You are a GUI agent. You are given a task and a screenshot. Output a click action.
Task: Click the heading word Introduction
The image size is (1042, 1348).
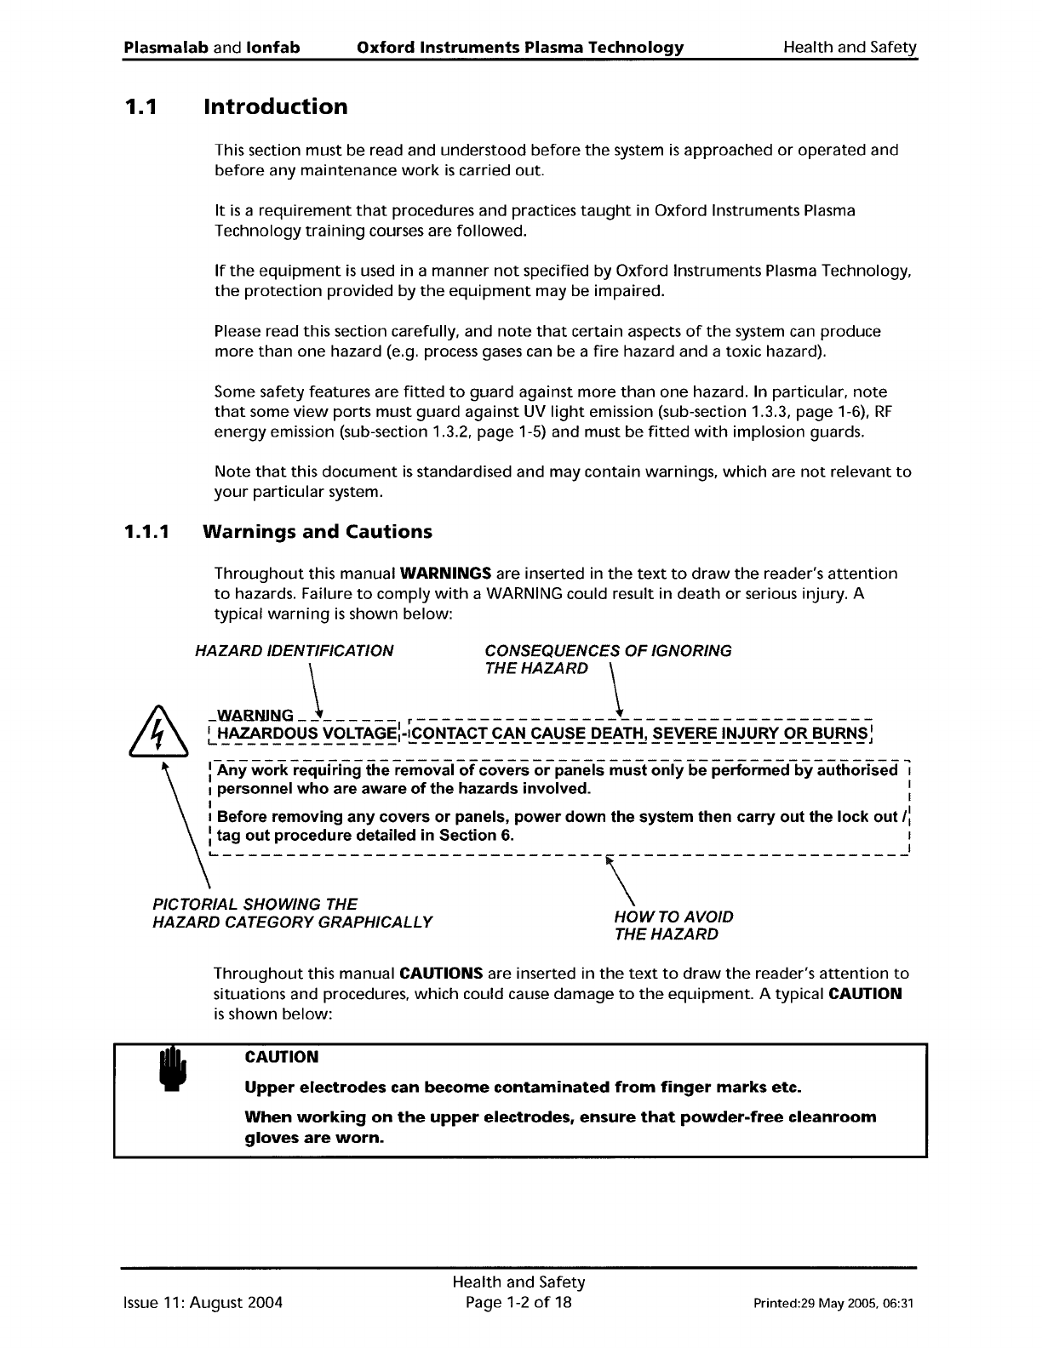click(275, 107)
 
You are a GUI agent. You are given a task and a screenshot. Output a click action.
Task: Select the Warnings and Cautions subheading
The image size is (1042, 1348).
click(317, 532)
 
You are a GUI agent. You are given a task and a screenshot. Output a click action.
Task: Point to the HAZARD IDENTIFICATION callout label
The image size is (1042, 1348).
click(294, 651)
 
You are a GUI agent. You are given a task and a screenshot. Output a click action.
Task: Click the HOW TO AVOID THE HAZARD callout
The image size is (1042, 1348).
click(673, 925)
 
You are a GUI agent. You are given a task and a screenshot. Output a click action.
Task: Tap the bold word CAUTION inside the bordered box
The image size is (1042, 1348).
click(281, 1057)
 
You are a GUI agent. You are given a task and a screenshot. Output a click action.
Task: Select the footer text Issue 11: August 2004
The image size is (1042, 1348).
click(203, 1302)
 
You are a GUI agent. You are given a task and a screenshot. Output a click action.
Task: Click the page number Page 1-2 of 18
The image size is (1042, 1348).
click(518, 1302)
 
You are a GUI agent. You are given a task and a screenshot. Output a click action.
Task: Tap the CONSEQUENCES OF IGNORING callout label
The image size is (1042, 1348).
click(607, 651)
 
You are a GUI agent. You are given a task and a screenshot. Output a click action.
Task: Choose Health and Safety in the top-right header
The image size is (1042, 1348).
click(849, 48)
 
